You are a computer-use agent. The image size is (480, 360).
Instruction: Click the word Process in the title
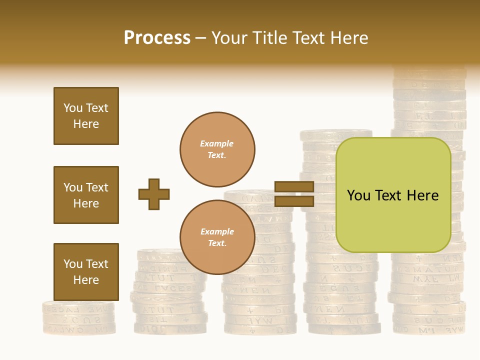(157, 38)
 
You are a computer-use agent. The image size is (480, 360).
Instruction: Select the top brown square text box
(86, 116)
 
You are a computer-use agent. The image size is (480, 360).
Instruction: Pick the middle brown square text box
(86, 195)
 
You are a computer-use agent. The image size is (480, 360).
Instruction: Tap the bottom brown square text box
(86, 272)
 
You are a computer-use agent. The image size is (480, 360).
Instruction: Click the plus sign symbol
(154, 194)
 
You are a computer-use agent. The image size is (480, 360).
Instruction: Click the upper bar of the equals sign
(294, 187)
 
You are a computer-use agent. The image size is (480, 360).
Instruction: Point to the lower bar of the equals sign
(294, 201)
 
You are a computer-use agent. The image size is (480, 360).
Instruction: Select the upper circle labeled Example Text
(217, 149)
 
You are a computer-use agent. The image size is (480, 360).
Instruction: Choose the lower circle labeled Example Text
(217, 237)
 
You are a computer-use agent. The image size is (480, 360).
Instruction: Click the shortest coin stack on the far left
(78, 318)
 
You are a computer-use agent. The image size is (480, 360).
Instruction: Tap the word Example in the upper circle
(217, 143)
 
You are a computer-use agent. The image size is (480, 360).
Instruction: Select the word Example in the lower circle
(217, 231)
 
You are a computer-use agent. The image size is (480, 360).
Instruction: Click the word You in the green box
(358, 195)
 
